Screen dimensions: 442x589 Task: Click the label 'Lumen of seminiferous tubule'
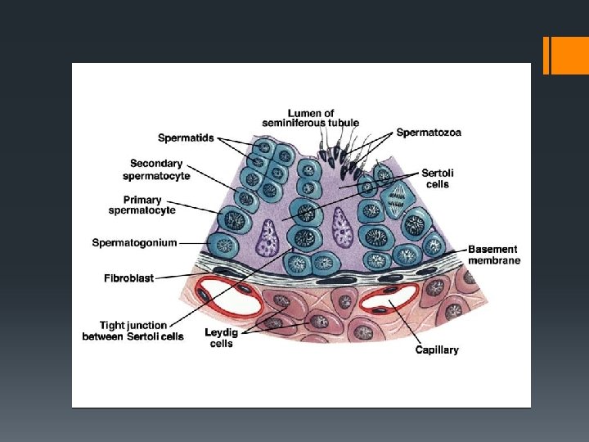pyautogui.click(x=310, y=118)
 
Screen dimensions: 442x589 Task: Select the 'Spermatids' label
pyautogui.click(x=186, y=138)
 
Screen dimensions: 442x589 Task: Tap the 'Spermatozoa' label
pyautogui.click(x=429, y=133)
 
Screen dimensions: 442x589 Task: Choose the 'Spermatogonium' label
pyautogui.click(x=134, y=242)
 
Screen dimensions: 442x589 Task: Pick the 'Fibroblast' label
pyautogui.click(x=128, y=278)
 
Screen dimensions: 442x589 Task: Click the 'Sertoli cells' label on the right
pyautogui.click(x=438, y=178)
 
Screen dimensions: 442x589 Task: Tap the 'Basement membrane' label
pyautogui.click(x=494, y=255)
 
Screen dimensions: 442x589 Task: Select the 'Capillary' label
pyautogui.click(x=437, y=350)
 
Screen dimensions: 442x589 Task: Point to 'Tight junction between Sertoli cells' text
pyautogui.click(x=133, y=331)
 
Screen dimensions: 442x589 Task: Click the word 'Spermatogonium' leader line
pyautogui.click(x=191, y=242)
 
